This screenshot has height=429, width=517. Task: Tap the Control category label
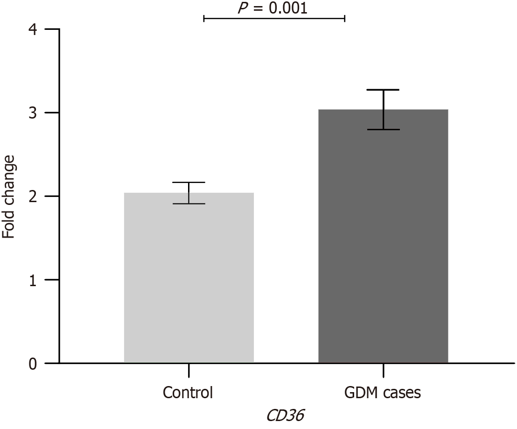click(188, 393)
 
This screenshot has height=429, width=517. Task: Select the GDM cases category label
click(383, 393)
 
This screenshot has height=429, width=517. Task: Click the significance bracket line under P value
click(274, 18)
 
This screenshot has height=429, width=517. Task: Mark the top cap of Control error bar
click(189, 183)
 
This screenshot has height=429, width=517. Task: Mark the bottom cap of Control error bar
click(189, 204)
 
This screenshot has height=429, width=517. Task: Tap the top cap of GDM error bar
click(383, 90)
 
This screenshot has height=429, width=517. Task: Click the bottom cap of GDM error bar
click(383, 129)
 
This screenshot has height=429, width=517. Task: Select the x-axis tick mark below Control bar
click(189, 371)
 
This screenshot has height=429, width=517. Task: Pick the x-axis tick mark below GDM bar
click(383, 371)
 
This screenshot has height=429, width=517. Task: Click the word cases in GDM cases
click(402, 393)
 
